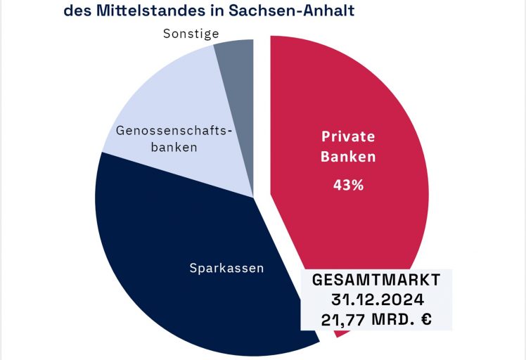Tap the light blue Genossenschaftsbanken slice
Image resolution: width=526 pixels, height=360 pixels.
[x=183, y=91]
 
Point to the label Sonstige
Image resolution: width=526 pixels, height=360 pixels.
[x=191, y=33]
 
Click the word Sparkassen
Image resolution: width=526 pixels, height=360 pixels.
[x=226, y=268]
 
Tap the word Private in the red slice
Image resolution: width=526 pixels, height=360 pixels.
[x=348, y=136]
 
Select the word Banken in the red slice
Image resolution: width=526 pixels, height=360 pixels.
[x=348, y=157]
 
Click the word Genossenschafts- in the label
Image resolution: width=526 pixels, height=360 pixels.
[x=172, y=131]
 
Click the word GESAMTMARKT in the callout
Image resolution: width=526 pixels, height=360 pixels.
[x=376, y=280]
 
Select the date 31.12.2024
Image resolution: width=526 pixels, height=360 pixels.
[x=376, y=300]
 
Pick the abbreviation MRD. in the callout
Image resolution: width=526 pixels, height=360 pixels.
[x=390, y=319]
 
